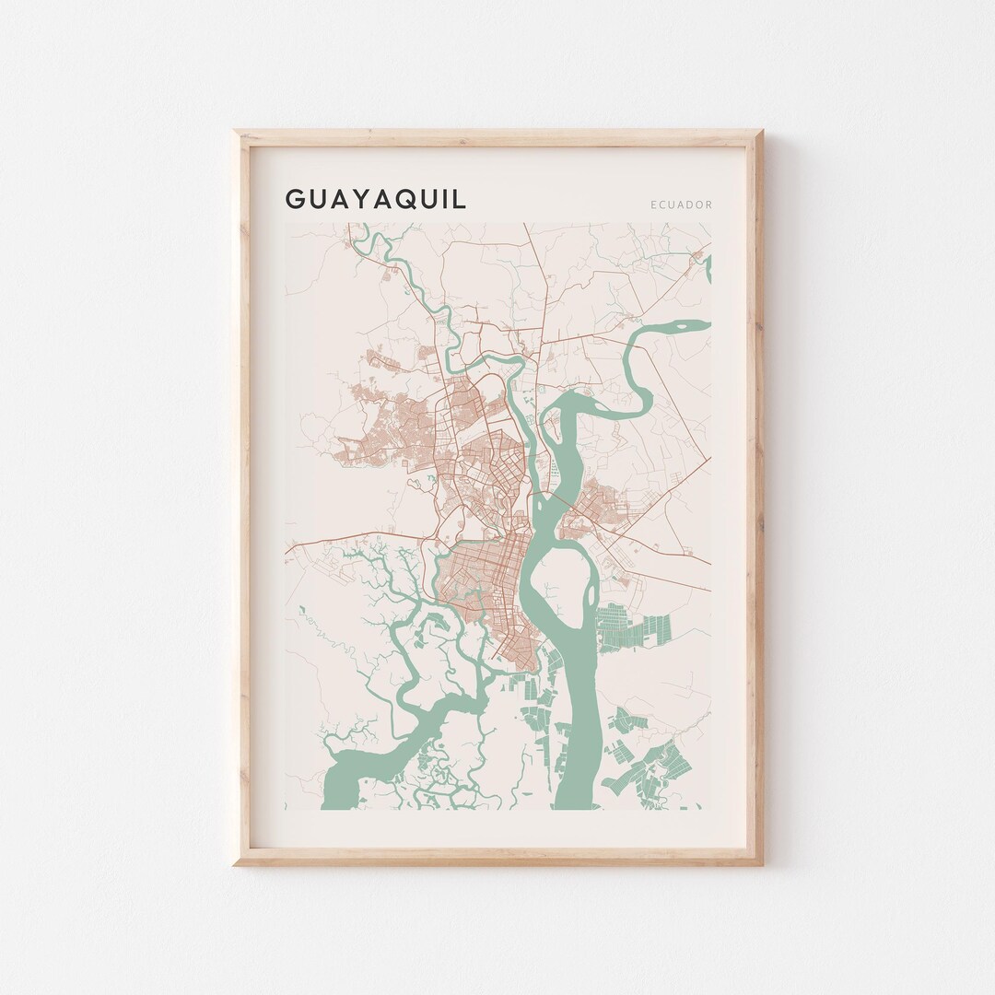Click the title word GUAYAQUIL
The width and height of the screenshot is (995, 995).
pyautogui.click(x=376, y=199)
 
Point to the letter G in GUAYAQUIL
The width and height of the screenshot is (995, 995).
pyautogui.click(x=294, y=199)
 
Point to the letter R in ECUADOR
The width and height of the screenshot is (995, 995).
pyautogui.click(x=708, y=205)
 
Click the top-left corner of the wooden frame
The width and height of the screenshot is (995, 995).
pyautogui.click(x=236, y=133)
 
